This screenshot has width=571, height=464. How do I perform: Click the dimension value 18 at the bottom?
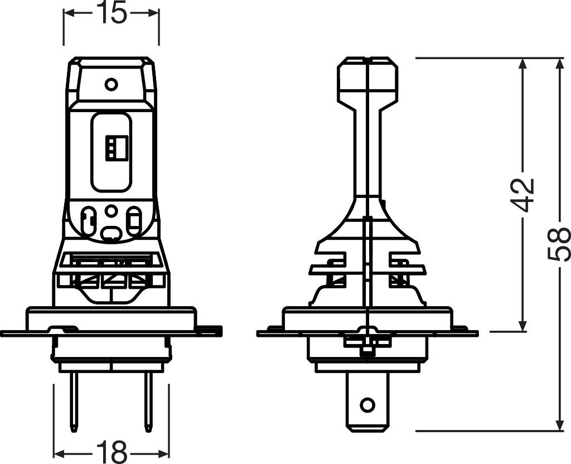(112, 449)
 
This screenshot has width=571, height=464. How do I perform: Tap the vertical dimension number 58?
(559, 244)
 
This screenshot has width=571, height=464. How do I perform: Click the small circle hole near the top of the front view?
(112, 84)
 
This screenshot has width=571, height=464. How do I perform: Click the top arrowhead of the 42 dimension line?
(522, 64)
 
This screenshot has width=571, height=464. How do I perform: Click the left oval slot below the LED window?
(88, 222)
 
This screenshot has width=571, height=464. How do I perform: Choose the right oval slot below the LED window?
(134, 222)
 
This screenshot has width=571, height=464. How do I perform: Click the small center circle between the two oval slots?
(112, 211)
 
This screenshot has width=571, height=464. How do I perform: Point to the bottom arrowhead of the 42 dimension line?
(522, 325)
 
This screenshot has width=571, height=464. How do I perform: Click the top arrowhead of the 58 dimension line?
(559, 64)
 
